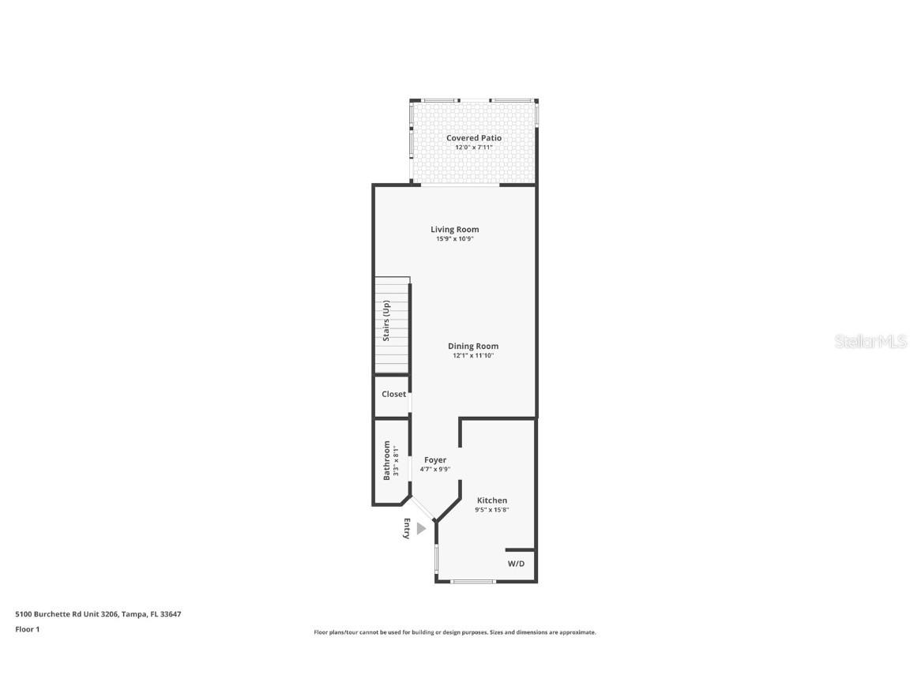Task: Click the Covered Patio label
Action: pos(473,138)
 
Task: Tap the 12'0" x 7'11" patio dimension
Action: pos(473,148)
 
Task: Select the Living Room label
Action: pos(454,230)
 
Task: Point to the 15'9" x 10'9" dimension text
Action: pos(454,239)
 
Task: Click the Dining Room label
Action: pos(473,347)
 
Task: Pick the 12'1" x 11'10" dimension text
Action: pos(473,356)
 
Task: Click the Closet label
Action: pos(393,394)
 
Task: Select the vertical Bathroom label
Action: pos(387,460)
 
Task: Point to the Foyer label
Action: pos(435,460)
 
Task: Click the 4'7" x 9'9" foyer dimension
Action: pos(435,470)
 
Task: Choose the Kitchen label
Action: pos(492,500)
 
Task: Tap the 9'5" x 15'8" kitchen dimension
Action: pos(492,510)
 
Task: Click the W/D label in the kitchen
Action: pos(516,564)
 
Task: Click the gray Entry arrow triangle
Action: pos(421,528)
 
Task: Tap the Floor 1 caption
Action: pos(27,629)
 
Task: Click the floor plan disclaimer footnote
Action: pos(455,632)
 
